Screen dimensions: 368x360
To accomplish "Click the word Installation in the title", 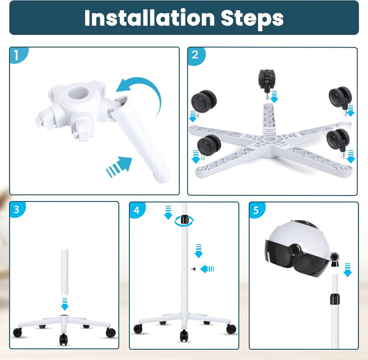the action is coord(149,18).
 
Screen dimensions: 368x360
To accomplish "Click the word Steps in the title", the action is coord(252,19).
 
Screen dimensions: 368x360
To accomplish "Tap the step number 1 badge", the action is coord(17,55).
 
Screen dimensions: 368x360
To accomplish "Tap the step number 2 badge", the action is coord(196,55).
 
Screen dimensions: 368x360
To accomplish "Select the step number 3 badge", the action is coord(17,209).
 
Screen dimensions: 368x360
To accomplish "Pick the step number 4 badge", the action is coord(137,210).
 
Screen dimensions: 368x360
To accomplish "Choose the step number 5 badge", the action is coord(257,210).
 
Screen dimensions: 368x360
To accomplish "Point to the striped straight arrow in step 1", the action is coord(119,167).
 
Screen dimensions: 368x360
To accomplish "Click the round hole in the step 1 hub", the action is coord(78,93).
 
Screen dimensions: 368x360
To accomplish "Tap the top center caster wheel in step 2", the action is coord(266,81).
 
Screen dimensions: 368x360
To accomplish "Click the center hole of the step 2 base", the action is coord(267,139).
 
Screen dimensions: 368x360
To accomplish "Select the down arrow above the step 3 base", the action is coord(64,304).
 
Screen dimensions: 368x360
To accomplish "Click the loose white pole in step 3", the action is coord(65,272).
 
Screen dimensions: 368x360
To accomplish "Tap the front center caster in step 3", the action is coord(63,340).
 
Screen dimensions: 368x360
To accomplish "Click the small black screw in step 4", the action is coord(194,269).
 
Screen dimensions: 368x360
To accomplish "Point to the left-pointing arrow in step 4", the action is coord(207,269).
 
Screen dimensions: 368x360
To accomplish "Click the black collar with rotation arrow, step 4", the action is coord(184,220).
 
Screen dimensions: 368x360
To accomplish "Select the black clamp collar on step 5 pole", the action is coord(335,299).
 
